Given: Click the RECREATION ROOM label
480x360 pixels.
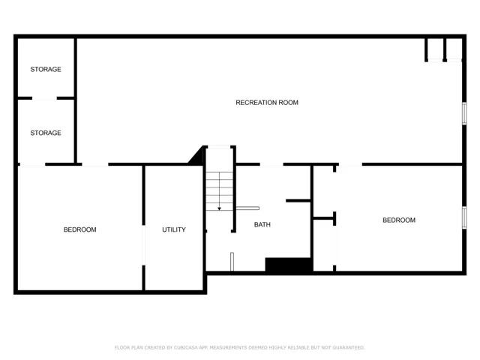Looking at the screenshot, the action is pos(267,103).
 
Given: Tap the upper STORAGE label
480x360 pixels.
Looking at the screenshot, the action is pos(46,70).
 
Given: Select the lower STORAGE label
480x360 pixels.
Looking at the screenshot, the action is pos(46,133).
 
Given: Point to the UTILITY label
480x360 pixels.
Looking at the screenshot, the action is pos(174,229).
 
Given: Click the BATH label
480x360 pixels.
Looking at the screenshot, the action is pos(262,225).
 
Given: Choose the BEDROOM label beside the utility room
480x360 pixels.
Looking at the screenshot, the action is pos(80,229).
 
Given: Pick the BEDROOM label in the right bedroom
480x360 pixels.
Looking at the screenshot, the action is pos(399,220).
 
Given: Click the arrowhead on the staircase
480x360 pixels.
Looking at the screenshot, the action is pos(219,208).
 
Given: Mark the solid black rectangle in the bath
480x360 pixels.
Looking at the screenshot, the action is pos(289,265).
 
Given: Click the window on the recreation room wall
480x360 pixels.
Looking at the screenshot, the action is pos(464,113).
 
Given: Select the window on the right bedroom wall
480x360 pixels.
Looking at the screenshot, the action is pos(464,217).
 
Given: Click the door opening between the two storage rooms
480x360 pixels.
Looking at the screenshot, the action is pos(44,98).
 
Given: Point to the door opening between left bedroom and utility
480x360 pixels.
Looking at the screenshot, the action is pos(143,245).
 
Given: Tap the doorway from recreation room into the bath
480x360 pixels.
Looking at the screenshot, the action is pos(271,165).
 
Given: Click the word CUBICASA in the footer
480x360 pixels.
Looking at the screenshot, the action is pos(187,348).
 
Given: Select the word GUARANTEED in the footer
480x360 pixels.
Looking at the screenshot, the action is pos(349,348).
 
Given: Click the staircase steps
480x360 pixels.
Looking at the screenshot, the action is pos(219,191).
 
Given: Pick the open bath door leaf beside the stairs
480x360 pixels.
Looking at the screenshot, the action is pos(247,208).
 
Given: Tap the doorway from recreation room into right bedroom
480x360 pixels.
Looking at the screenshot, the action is pos(350,165).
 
